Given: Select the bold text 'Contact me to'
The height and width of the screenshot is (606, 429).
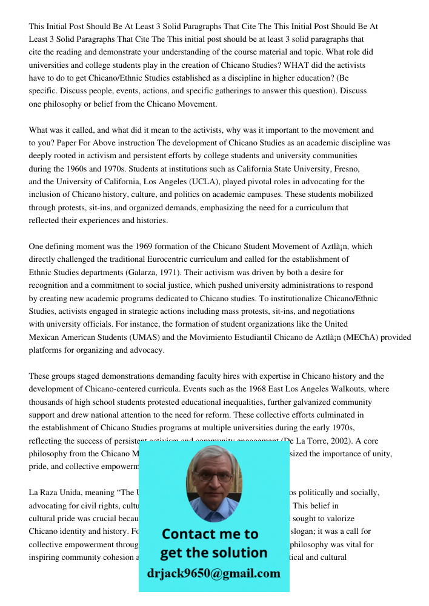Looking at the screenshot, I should [210, 534].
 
